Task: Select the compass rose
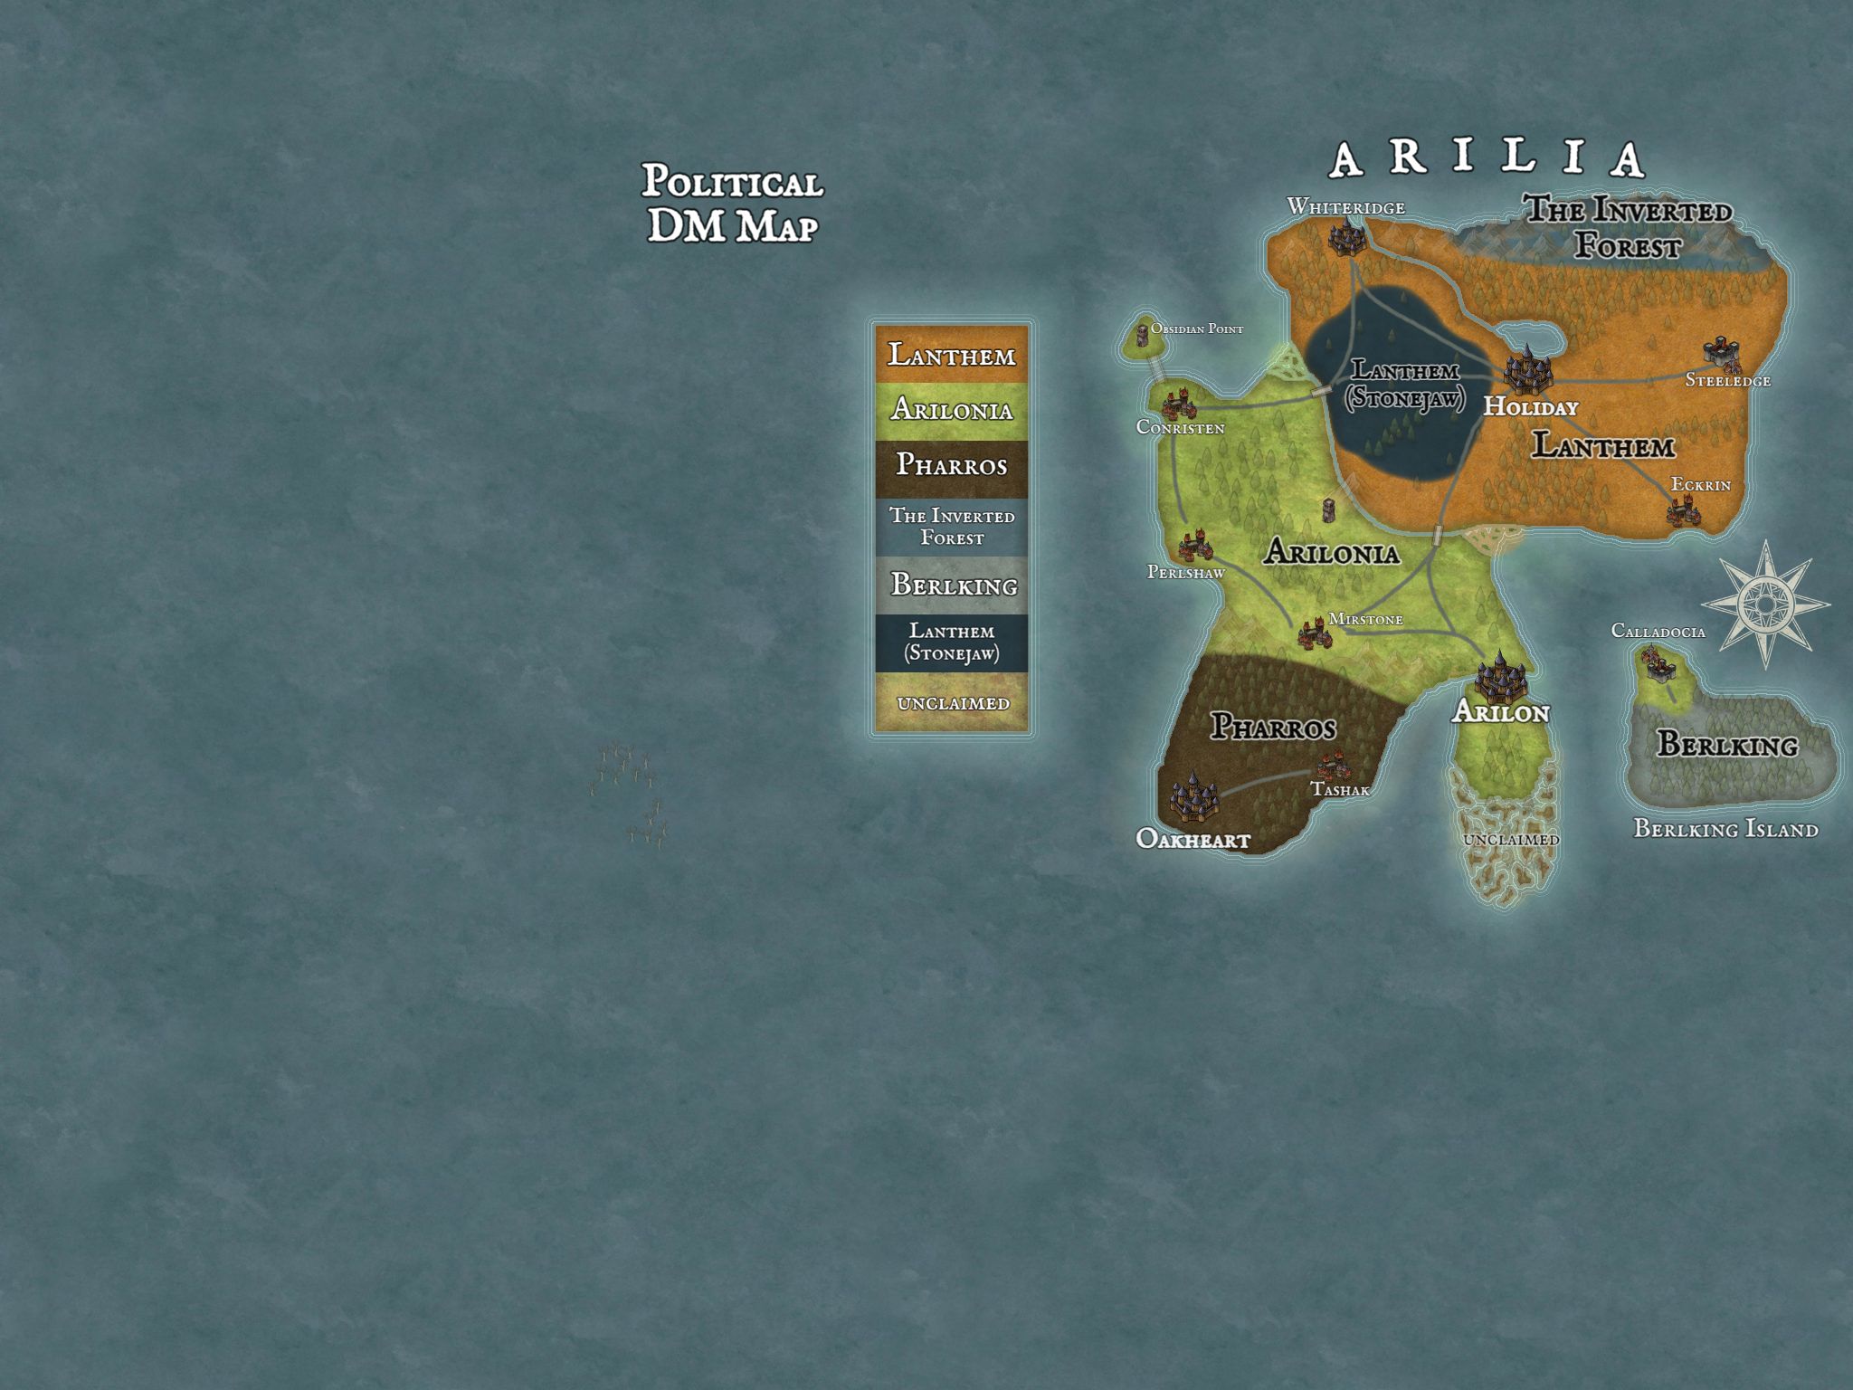(1765, 604)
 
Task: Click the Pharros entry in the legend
(951, 465)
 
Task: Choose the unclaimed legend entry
(951, 703)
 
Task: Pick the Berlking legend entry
(951, 585)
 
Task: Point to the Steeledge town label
(1726, 381)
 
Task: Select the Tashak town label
(1340, 790)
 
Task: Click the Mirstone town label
(1365, 620)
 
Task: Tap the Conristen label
(1180, 428)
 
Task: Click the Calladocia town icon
(1658, 665)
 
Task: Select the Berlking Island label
(1725, 829)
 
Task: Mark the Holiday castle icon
(1527, 370)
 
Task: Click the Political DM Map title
(732, 204)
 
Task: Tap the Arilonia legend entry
(951, 410)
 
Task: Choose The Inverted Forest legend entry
(951, 527)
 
